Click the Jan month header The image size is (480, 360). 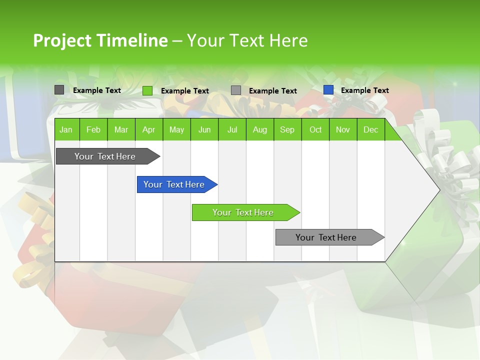coord(66,129)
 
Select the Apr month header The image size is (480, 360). coord(148,129)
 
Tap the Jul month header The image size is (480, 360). coord(232,129)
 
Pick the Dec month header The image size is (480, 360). coord(370,129)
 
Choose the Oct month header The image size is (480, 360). coord(315,129)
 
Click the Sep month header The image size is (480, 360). coord(287,129)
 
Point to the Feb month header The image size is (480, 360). coord(93,129)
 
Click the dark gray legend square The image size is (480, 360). coord(59,90)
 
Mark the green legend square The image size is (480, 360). coord(147,90)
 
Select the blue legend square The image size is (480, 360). coord(328,90)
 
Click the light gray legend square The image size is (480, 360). coord(236,90)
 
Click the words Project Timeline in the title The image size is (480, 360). coord(100,40)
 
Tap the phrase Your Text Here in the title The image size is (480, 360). coord(247,40)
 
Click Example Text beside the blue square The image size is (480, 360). coord(364,90)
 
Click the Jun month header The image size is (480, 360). coord(204,129)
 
